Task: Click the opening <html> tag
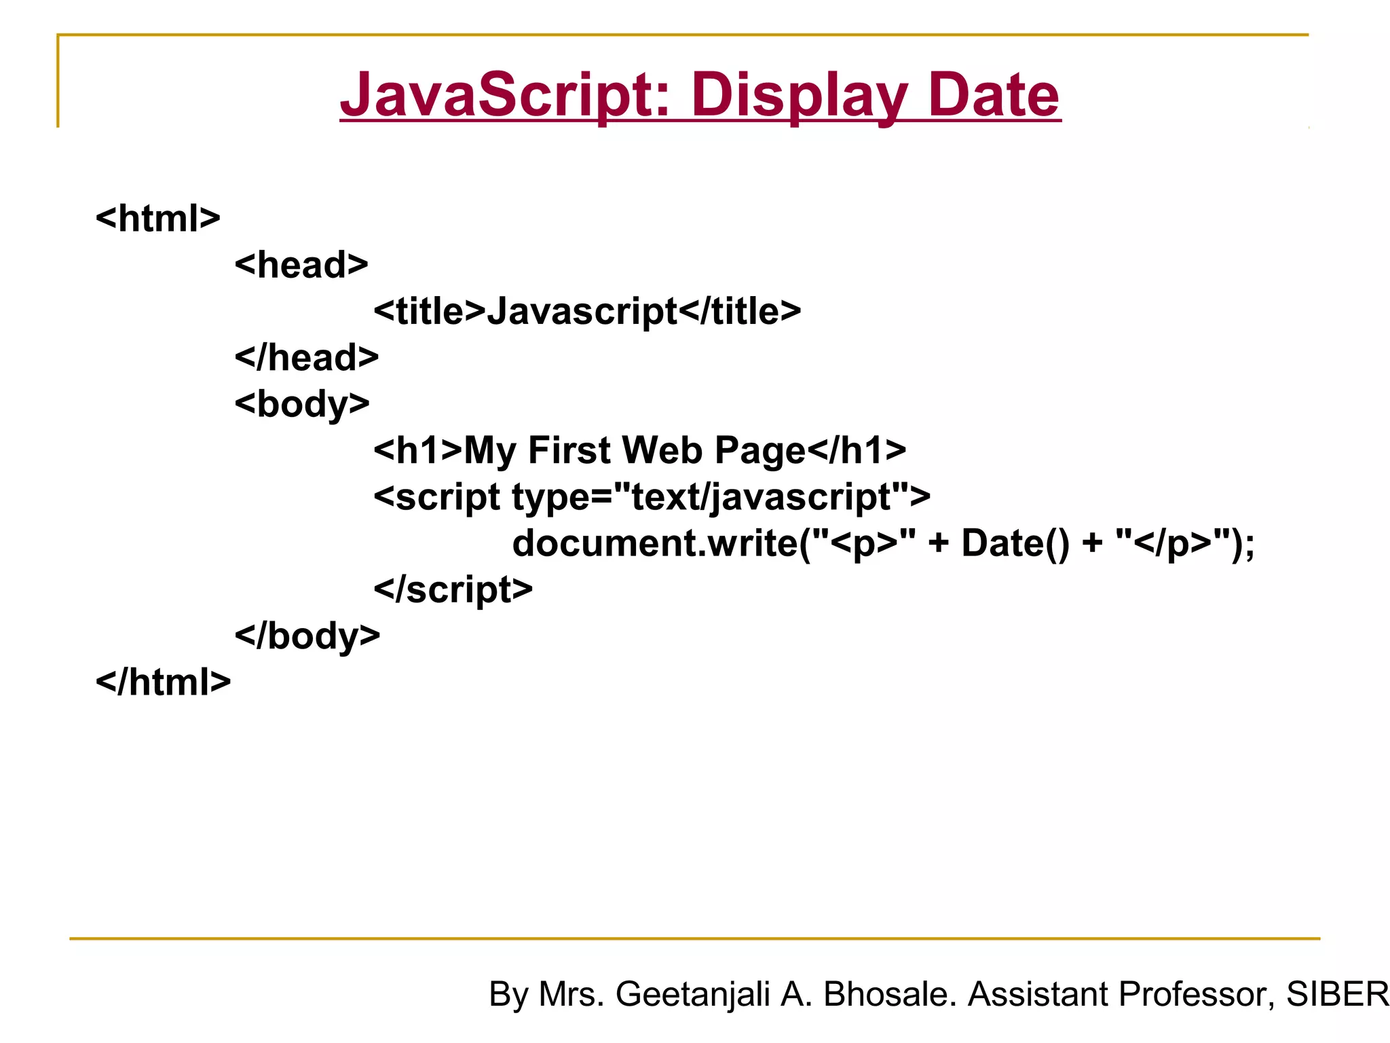[158, 219]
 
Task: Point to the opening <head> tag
[301, 265]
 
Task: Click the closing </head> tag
[307, 358]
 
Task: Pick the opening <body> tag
[302, 404]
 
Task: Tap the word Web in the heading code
[662, 450]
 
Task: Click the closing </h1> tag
[857, 450]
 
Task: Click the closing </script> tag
[453, 589]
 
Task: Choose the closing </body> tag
[307, 636]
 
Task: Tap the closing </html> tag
[164, 682]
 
